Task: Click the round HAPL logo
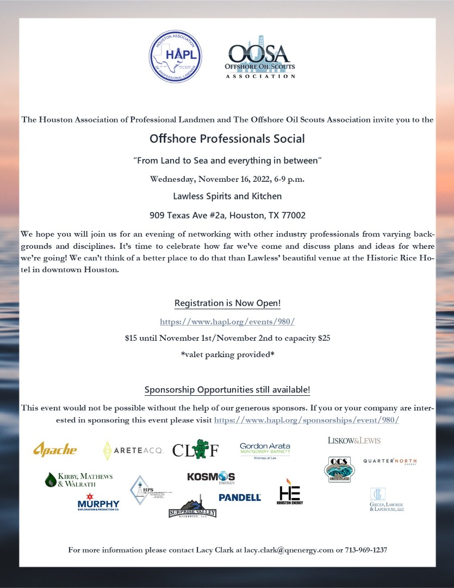(x=176, y=58)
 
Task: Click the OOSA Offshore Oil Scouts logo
(x=260, y=58)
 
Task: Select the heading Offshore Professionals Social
(x=227, y=139)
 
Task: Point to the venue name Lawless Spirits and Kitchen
(x=227, y=196)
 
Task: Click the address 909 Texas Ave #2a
(x=227, y=215)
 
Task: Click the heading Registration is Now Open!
(x=227, y=303)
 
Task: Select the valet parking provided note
(x=227, y=355)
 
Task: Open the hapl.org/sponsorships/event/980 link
(x=307, y=420)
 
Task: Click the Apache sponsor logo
(x=55, y=450)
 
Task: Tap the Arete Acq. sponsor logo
(x=133, y=450)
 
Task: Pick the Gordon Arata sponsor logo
(x=265, y=451)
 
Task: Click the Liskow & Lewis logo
(x=354, y=440)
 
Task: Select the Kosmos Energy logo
(x=211, y=477)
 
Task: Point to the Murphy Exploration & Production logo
(x=98, y=502)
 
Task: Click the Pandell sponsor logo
(x=240, y=497)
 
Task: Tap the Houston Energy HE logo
(x=290, y=492)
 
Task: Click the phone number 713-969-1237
(x=366, y=550)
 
